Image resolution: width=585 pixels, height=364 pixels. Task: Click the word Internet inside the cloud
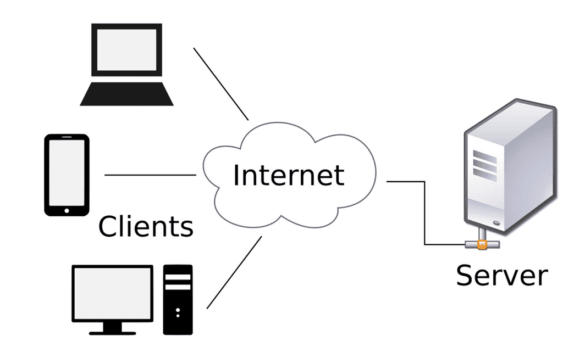[x=289, y=175]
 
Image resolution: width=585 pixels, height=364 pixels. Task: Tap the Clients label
[x=146, y=226]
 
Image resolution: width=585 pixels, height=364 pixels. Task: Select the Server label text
[x=502, y=275]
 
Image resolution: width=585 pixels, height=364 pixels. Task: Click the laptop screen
[x=126, y=49]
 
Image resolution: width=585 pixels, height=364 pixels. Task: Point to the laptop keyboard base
[x=126, y=94]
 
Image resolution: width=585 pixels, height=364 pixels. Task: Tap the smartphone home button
[x=67, y=210]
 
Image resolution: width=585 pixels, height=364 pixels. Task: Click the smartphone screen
[x=67, y=172]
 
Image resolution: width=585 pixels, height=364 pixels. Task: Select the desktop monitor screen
[x=112, y=293]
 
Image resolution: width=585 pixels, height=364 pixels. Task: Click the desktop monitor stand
[x=112, y=329]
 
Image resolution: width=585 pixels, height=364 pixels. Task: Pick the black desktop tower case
[x=178, y=300]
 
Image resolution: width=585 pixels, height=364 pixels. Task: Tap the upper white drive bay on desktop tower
[x=178, y=277]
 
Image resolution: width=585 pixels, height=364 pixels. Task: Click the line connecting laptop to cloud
[x=221, y=84]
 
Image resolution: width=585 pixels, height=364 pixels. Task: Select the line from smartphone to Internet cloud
[x=150, y=175]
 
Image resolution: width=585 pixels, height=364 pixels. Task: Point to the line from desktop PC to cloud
[x=234, y=272]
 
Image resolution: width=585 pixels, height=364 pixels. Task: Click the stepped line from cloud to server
[x=424, y=212]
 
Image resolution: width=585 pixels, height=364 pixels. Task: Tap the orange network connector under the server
[x=482, y=244]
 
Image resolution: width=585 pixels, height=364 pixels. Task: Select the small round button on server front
[x=496, y=223]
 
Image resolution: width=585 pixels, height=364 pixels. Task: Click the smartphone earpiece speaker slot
[x=67, y=137]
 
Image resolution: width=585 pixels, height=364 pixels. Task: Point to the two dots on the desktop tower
[x=178, y=312]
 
